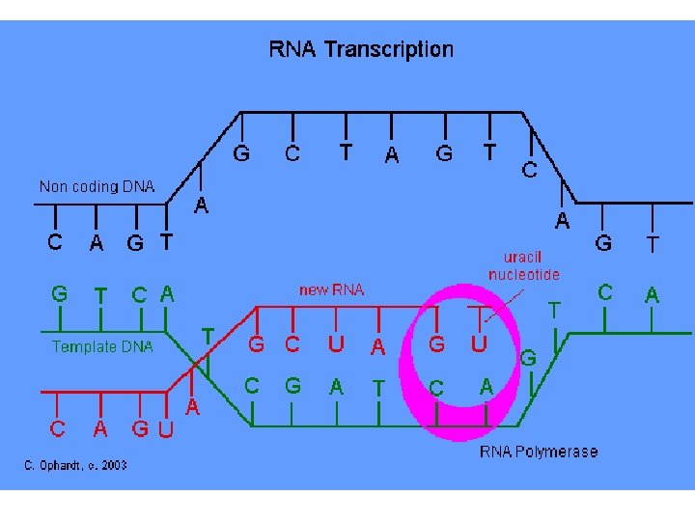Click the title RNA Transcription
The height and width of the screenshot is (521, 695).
tap(360, 49)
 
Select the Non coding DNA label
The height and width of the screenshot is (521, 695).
tap(97, 186)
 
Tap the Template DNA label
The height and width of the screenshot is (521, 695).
tap(102, 346)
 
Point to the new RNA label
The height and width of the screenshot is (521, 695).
tap(332, 289)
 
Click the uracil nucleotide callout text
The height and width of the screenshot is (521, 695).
tap(523, 266)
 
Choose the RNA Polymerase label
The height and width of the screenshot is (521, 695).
tap(539, 452)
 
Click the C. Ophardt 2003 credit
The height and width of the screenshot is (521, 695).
tap(75, 466)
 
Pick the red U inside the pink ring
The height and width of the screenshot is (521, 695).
tap(478, 343)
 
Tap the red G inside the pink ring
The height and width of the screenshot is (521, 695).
tap(436, 343)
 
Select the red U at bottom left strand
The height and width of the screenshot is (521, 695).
tap(166, 428)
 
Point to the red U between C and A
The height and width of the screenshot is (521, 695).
tap(336, 343)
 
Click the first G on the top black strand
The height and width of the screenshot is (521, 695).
tap(241, 152)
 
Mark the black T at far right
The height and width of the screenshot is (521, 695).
tap(653, 245)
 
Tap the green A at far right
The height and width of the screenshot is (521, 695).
tap(653, 295)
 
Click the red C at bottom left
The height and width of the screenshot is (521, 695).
tap(58, 427)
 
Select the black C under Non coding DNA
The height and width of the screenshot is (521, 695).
tap(55, 242)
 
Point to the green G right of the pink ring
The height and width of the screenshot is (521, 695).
tap(528, 358)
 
